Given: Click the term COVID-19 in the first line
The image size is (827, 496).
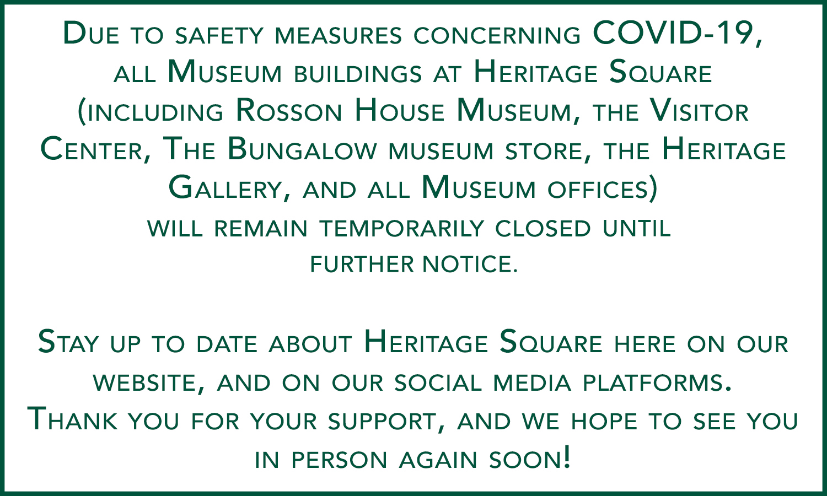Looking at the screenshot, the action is coord(676,34).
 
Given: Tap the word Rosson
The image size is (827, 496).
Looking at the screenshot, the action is coord(289,110).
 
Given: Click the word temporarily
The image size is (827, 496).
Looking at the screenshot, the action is coord(401,228).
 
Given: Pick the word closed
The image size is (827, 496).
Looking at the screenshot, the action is coord(543,228).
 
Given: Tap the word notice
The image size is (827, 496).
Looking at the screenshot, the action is coord(470,264).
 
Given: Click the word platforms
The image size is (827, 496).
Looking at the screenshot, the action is coord(657,382).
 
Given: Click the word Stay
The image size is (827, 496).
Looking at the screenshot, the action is coord(68,343).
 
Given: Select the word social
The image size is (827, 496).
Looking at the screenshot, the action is coord(438,382).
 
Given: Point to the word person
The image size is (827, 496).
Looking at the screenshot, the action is coord(339,460).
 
